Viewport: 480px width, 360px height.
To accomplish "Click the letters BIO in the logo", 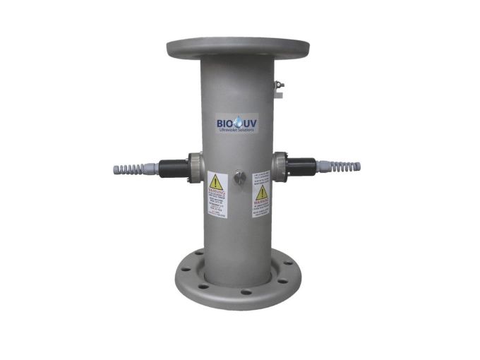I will [224, 123].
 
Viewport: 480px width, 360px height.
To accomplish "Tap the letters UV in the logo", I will [248, 123].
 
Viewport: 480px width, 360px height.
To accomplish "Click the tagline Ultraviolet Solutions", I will [236, 132].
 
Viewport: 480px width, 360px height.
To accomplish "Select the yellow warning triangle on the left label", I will [216, 181].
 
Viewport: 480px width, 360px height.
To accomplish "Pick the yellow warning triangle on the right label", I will [262, 191].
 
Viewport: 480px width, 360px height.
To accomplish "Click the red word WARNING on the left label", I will [216, 193].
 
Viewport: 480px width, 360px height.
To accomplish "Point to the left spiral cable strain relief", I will [128, 169].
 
